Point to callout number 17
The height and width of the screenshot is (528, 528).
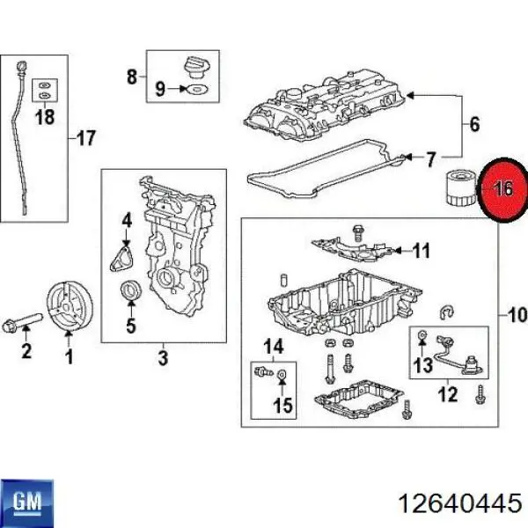click(x=85, y=137)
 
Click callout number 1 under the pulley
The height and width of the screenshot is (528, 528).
click(x=67, y=356)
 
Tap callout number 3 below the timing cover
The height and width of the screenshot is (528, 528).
click(x=163, y=357)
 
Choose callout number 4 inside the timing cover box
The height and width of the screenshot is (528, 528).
click(x=127, y=219)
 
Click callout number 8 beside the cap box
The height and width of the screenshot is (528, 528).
click(x=132, y=77)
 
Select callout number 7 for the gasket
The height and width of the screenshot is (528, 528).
click(x=430, y=159)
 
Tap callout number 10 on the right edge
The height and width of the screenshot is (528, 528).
click(x=515, y=313)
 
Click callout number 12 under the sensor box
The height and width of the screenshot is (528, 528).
click(x=449, y=395)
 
